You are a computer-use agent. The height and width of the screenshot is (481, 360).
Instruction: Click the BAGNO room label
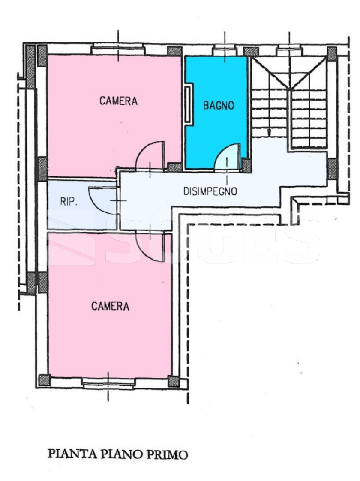click(x=219, y=105)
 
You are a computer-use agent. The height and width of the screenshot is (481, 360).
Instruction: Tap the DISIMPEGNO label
click(x=210, y=191)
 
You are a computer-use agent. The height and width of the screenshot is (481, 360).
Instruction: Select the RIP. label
click(x=68, y=202)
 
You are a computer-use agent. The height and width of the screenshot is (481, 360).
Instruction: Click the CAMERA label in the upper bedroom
click(x=119, y=101)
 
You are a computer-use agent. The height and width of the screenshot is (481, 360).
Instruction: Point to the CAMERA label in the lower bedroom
click(x=110, y=306)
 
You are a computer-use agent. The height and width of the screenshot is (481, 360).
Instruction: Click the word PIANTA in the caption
click(x=68, y=454)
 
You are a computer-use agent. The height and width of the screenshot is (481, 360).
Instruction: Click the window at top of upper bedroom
click(x=118, y=50)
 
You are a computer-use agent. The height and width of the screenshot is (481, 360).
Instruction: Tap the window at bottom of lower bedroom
click(x=108, y=384)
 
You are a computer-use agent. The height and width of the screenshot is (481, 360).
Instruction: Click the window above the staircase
click(x=289, y=50)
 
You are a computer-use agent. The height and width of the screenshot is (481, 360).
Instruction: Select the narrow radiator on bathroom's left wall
click(x=188, y=104)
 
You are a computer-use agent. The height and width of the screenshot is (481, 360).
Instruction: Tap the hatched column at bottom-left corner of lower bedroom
click(x=44, y=380)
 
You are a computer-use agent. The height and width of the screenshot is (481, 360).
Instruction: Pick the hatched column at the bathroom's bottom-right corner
click(x=247, y=165)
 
